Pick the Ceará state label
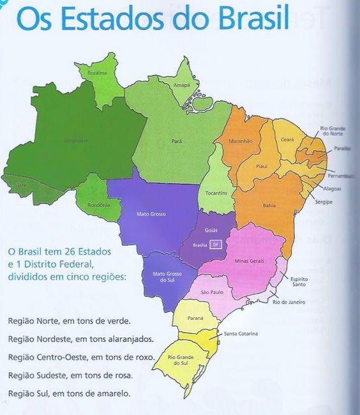[287, 140]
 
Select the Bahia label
[269, 206]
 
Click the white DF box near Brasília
[215, 245]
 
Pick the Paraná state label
[195, 317]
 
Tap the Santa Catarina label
[241, 334]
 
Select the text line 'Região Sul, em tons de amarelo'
[70, 393]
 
